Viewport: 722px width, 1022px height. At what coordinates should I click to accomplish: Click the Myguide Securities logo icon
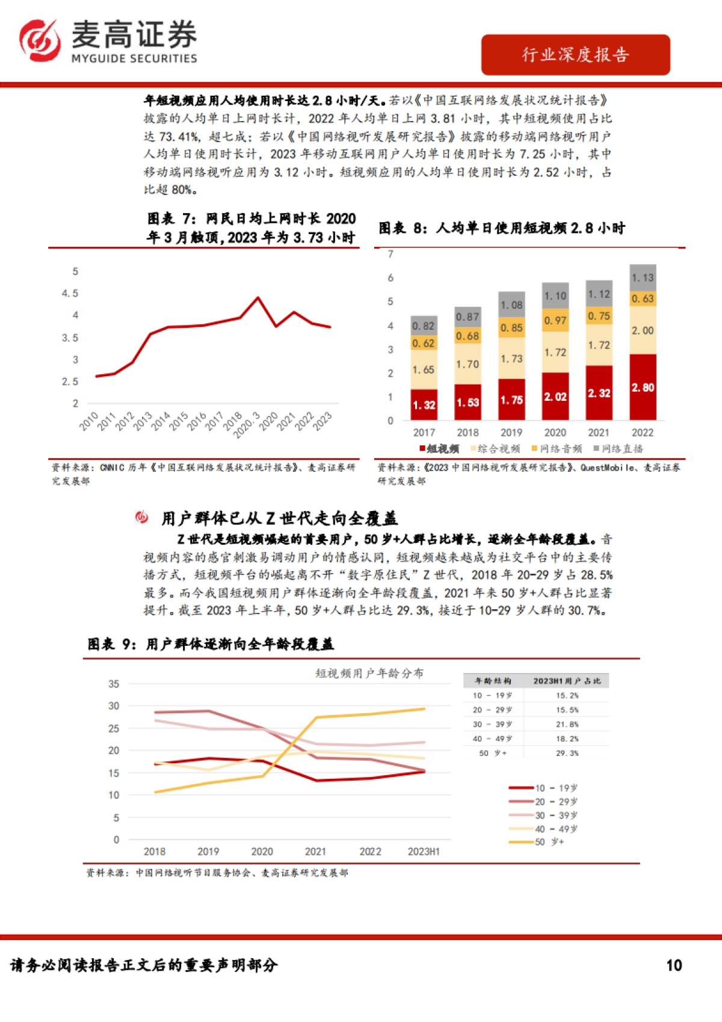click(x=40, y=40)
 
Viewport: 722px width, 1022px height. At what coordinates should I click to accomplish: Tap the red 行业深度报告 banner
click(x=575, y=55)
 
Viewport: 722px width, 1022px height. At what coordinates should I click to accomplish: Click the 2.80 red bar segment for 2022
click(x=643, y=387)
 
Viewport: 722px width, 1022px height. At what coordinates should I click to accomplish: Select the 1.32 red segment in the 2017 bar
click(x=424, y=404)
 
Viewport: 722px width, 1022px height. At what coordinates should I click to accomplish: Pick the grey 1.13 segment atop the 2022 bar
click(x=643, y=277)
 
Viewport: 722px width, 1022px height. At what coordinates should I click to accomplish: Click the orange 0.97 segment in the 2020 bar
click(x=555, y=321)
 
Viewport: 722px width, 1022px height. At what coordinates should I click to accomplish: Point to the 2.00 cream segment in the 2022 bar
click(x=643, y=330)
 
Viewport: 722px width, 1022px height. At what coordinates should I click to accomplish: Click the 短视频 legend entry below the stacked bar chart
click(x=440, y=448)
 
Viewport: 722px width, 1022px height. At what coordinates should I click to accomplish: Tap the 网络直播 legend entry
click(x=619, y=448)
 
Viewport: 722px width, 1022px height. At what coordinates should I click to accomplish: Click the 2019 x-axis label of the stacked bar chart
click(x=511, y=432)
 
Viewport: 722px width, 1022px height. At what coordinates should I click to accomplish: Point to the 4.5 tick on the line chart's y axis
click(x=70, y=293)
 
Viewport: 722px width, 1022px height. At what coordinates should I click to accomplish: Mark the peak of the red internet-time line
click(x=258, y=297)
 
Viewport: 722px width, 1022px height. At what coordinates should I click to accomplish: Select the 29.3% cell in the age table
click(x=567, y=753)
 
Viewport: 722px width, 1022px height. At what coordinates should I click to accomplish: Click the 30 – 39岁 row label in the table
click(x=492, y=724)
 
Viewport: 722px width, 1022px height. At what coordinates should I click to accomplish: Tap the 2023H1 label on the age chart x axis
click(x=424, y=852)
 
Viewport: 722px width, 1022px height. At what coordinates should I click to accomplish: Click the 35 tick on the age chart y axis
click(x=114, y=684)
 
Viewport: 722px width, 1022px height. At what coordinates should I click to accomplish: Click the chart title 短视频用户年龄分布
click(x=369, y=673)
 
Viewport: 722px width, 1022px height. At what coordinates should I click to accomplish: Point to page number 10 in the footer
click(x=674, y=965)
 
